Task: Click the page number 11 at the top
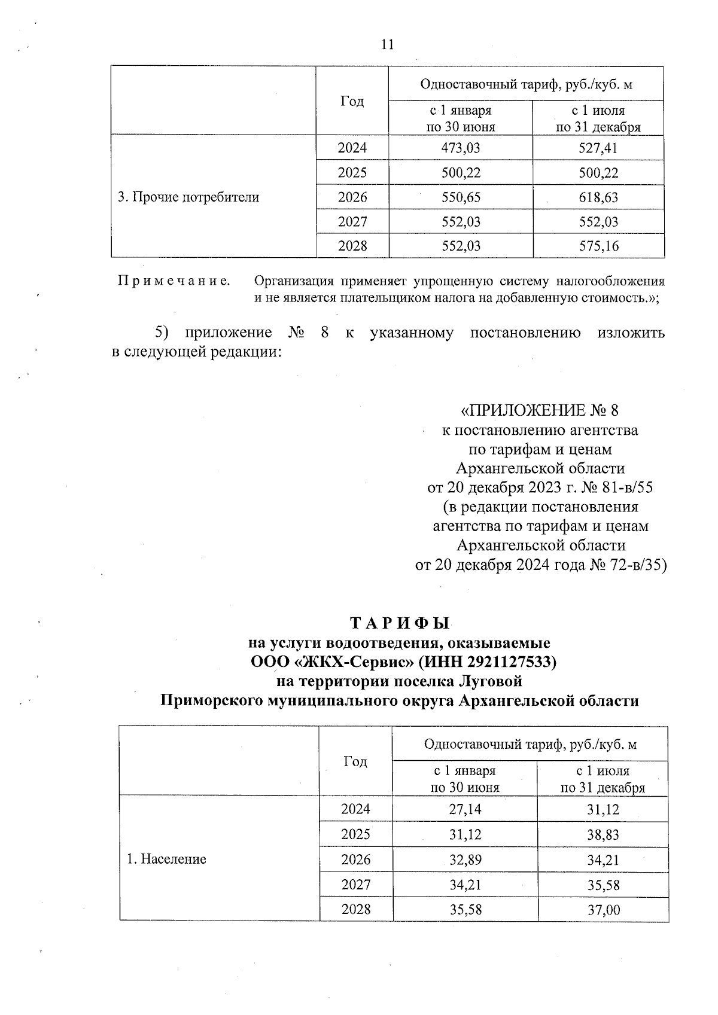point(387,45)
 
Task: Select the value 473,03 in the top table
point(460,148)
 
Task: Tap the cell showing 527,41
point(598,148)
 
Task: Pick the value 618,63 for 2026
point(598,197)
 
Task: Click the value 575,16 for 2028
point(598,246)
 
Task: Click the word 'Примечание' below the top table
point(174,281)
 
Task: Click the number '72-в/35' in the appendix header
point(640,565)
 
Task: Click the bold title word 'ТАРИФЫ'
point(398,624)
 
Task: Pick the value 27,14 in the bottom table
point(465,810)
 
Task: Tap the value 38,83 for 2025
point(603,835)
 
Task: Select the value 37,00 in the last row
point(603,910)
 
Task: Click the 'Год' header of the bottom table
point(355,761)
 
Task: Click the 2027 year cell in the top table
point(352,222)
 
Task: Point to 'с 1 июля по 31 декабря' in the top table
point(598,118)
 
